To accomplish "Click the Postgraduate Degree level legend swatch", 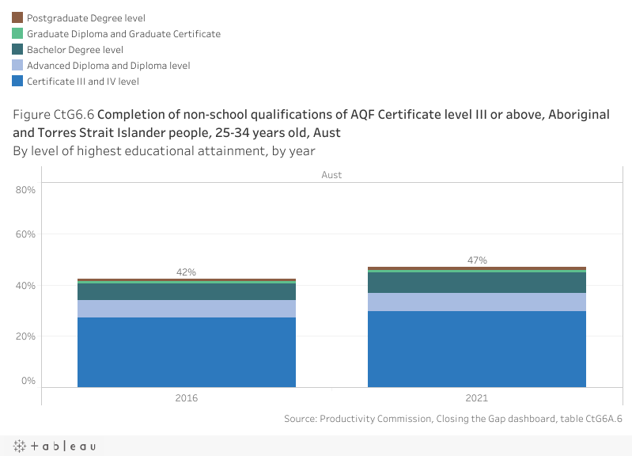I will coord(17,17).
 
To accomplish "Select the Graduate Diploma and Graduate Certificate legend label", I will coord(123,34).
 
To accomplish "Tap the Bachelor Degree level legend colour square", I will coord(17,49).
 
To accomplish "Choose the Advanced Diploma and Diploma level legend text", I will coord(108,66).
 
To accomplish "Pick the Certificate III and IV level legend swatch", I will coord(17,81).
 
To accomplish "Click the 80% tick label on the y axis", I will coord(26,190).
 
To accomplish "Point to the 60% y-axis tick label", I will coord(26,234).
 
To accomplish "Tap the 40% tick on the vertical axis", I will coord(26,286).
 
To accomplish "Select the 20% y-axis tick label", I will coord(26,336).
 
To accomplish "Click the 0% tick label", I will coord(29,381).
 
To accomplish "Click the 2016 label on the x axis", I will coord(186,398).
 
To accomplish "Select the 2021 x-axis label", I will coord(477,398).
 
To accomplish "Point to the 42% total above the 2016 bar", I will coord(186,272).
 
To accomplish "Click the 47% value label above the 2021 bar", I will coord(477,260).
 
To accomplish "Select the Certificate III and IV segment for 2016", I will coord(186,352).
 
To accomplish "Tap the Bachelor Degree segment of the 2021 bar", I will coord(477,283).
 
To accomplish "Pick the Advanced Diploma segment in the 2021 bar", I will coord(477,302).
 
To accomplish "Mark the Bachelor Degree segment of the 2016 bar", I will coord(186,291).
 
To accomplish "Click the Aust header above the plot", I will coord(331,175).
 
